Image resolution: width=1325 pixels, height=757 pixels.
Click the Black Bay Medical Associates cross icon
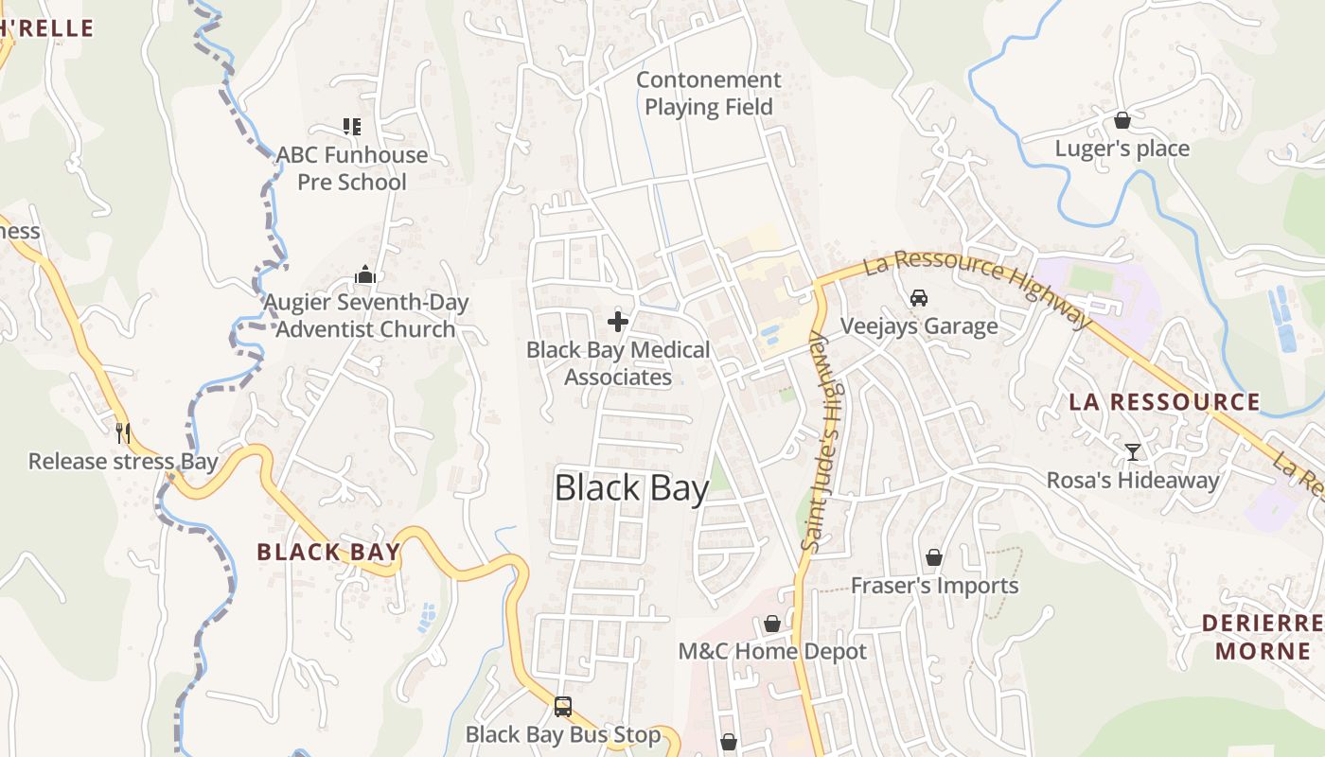point(618,322)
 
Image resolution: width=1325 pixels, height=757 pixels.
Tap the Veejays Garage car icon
point(918,298)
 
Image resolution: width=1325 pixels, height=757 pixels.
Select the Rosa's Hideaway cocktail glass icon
point(1132,451)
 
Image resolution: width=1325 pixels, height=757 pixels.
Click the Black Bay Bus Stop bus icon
point(562,706)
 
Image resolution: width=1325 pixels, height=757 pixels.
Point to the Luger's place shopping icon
point(1122,120)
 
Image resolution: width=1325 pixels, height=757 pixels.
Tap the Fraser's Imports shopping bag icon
point(934,557)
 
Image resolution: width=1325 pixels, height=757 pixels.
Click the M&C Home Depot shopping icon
point(772,624)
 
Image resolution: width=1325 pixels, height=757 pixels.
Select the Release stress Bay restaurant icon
point(122,432)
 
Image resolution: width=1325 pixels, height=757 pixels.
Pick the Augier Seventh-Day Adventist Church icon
point(365,274)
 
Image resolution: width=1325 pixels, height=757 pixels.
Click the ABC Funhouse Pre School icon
point(352,126)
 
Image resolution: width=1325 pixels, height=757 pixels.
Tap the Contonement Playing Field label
point(709,94)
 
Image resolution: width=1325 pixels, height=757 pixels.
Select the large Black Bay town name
point(631,488)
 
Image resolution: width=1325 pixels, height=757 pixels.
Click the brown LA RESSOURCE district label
point(1164,401)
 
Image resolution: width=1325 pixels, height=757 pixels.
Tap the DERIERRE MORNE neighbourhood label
point(1262,637)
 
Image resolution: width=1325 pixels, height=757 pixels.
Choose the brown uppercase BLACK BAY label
point(328,552)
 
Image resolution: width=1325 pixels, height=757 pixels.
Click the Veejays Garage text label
point(919,326)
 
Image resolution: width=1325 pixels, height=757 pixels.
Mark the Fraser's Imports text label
point(934,586)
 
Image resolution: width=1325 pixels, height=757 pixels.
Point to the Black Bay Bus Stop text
point(563,734)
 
